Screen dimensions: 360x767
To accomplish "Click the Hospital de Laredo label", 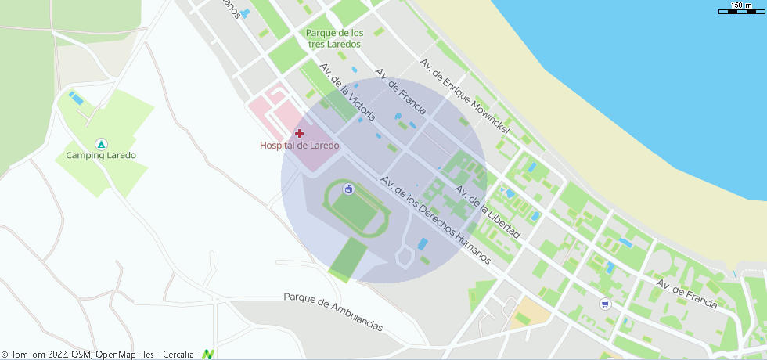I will [x=299, y=146].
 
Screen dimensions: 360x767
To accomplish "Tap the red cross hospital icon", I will [x=299, y=133].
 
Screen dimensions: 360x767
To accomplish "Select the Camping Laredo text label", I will [x=100, y=155].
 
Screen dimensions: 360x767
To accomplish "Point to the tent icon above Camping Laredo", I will [x=100, y=144].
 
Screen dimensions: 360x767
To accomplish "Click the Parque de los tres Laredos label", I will [x=334, y=38].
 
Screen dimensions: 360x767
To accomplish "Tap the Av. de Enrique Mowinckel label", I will [x=464, y=95].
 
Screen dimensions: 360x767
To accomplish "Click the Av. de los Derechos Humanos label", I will [x=435, y=219].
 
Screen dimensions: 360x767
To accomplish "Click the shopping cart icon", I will [x=604, y=304].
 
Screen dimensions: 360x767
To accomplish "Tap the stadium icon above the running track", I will [x=348, y=189].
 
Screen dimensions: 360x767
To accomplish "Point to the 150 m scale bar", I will [x=740, y=9].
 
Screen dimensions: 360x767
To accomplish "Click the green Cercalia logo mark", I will [x=208, y=355].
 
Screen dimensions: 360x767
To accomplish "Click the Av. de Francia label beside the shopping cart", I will [x=686, y=294].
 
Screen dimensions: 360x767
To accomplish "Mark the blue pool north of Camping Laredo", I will [x=77, y=99].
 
